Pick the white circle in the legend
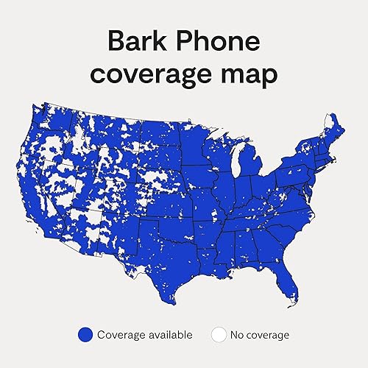click(218, 335)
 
